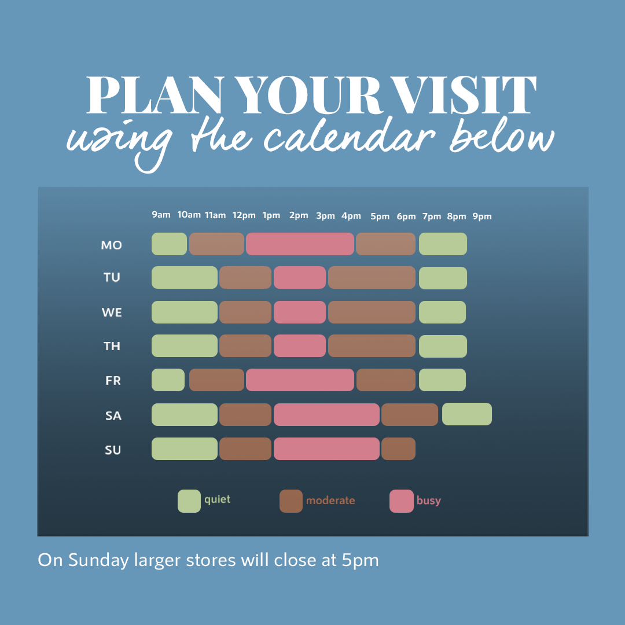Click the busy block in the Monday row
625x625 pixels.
click(x=300, y=244)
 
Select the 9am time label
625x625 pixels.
click(x=161, y=215)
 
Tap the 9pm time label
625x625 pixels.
click(x=482, y=216)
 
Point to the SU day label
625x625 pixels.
click(x=113, y=450)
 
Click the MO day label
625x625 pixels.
click(x=111, y=245)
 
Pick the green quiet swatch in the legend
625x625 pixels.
click(x=189, y=501)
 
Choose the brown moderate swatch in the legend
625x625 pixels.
click(x=291, y=501)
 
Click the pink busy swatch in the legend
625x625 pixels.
click(x=402, y=501)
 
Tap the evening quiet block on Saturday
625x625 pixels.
click(x=467, y=414)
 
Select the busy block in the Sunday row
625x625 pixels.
click(x=326, y=449)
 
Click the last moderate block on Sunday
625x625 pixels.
click(x=398, y=449)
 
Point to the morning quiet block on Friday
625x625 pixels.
click(x=168, y=380)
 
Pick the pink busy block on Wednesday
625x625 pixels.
click(x=300, y=312)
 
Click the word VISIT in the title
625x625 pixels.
click(x=463, y=95)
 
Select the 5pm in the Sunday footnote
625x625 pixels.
click(x=361, y=560)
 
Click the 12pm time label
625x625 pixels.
click(x=244, y=216)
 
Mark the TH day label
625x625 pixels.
click(x=112, y=346)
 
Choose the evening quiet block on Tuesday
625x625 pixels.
click(x=443, y=278)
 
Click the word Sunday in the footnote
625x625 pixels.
click(x=98, y=560)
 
